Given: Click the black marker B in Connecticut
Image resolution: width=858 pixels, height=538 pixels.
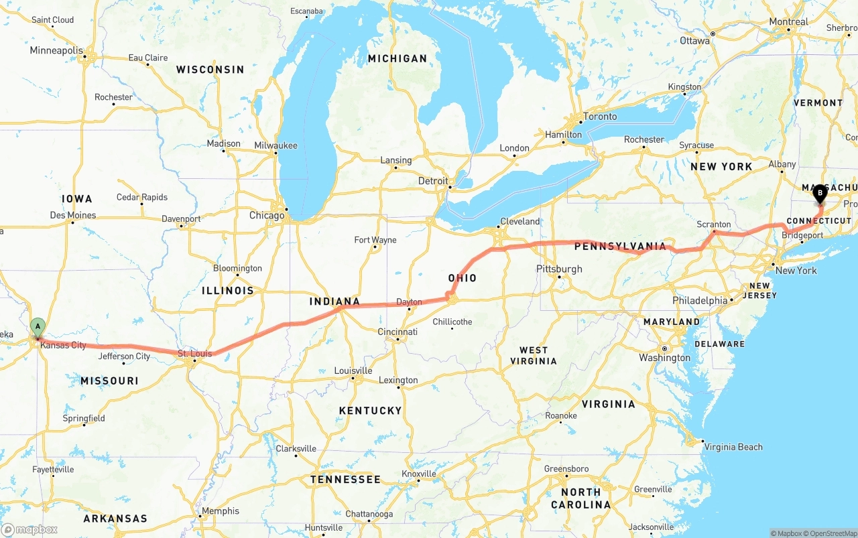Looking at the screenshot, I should pyautogui.click(x=819, y=194).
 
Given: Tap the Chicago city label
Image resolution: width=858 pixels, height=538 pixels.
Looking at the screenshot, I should pyautogui.click(x=267, y=216).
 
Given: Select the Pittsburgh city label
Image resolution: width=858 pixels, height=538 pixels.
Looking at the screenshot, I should pyautogui.click(x=559, y=269).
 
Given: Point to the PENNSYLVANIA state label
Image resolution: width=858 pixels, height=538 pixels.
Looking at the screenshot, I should pyautogui.click(x=620, y=247).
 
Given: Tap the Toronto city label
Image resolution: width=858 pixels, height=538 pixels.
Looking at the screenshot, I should pyautogui.click(x=600, y=117).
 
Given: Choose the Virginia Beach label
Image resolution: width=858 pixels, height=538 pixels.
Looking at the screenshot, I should pyautogui.click(x=733, y=447).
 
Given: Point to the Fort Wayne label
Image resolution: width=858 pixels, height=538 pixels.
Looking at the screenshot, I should pyautogui.click(x=375, y=240).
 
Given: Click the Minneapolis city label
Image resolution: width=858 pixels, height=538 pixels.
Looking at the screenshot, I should pyautogui.click(x=56, y=50).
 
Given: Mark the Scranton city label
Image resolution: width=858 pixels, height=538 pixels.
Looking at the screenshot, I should pyautogui.click(x=713, y=224).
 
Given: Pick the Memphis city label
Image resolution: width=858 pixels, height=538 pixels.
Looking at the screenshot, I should pyautogui.click(x=220, y=511).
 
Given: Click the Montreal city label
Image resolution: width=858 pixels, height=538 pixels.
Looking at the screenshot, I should pyautogui.click(x=788, y=21).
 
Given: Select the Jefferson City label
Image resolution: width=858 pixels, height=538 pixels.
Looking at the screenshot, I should pyautogui.click(x=124, y=356).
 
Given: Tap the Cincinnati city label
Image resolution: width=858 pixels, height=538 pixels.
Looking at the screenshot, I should pyautogui.click(x=397, y=332).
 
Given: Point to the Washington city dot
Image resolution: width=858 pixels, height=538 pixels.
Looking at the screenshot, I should pyautogui.click(x=664, y=348).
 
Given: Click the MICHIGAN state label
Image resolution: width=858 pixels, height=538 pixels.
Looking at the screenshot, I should pyautogui.click(x=397, y=59).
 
